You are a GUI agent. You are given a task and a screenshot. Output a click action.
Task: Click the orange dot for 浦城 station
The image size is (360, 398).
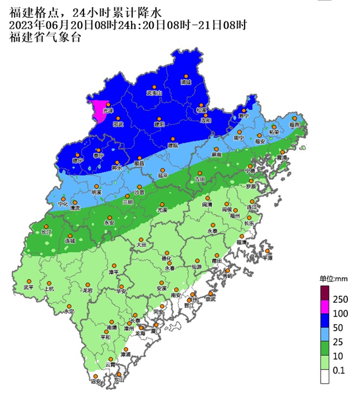coord(186,76)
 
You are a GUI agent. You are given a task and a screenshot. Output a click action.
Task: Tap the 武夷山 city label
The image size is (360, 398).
coord(154,93)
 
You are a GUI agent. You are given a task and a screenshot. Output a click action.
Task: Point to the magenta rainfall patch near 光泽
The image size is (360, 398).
coord(99,111)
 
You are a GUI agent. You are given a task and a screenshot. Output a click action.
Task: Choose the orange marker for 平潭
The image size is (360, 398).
coord(266,251)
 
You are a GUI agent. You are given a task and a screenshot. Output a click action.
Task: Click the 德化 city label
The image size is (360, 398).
coord(166,259)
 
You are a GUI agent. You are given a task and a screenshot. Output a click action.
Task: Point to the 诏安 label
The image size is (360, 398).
coord(96,382)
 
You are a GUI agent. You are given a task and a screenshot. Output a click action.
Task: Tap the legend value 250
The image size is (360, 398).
coord(341,299)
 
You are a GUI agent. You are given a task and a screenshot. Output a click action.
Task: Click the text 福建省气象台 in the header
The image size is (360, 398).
coord(45,37)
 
